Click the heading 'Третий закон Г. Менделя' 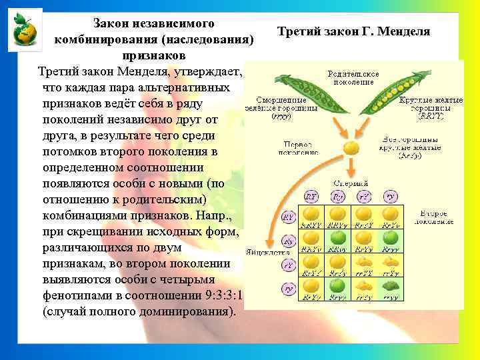coord(353,31)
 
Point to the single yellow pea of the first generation coord(349,147)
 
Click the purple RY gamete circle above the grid coord(311,197)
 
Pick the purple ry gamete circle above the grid coord(391,197)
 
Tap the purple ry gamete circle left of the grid coord(289,289)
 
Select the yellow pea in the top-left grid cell coord(311,213)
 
